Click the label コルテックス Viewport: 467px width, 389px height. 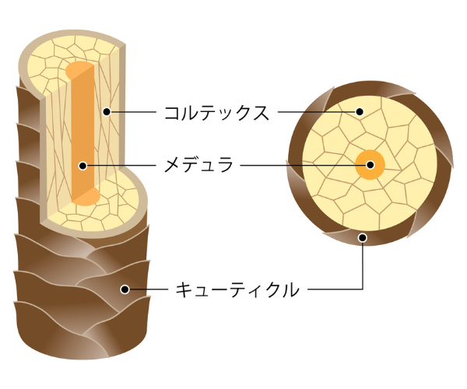[x=216, y=112]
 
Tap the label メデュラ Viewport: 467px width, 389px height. [x=198, y=165]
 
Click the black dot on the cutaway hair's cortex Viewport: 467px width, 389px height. [x=107, y=112]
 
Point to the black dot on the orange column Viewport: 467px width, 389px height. [x=82, y=165]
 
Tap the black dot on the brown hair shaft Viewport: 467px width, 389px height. [x=124, y=290]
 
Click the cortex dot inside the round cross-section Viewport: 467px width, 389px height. [x=360, y=112]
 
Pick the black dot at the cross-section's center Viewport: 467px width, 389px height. [x=370, y=165]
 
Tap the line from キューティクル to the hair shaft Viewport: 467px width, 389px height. [x=148, y=290]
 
